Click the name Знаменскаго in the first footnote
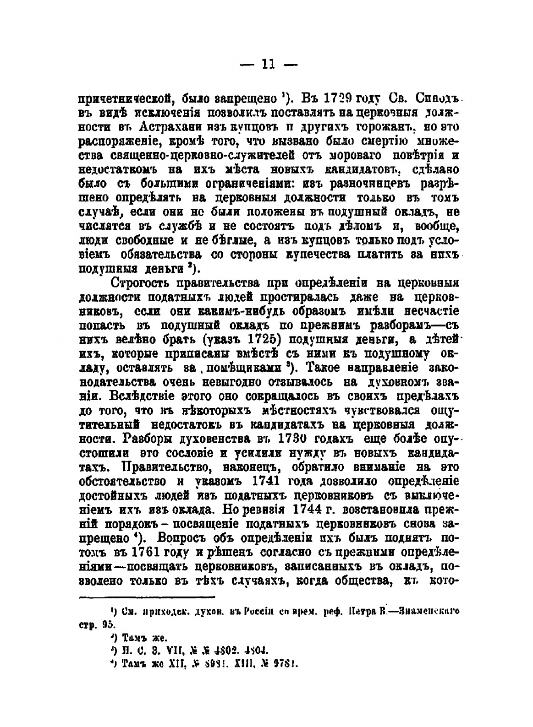(427, 611)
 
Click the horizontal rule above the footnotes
(147, 597)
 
